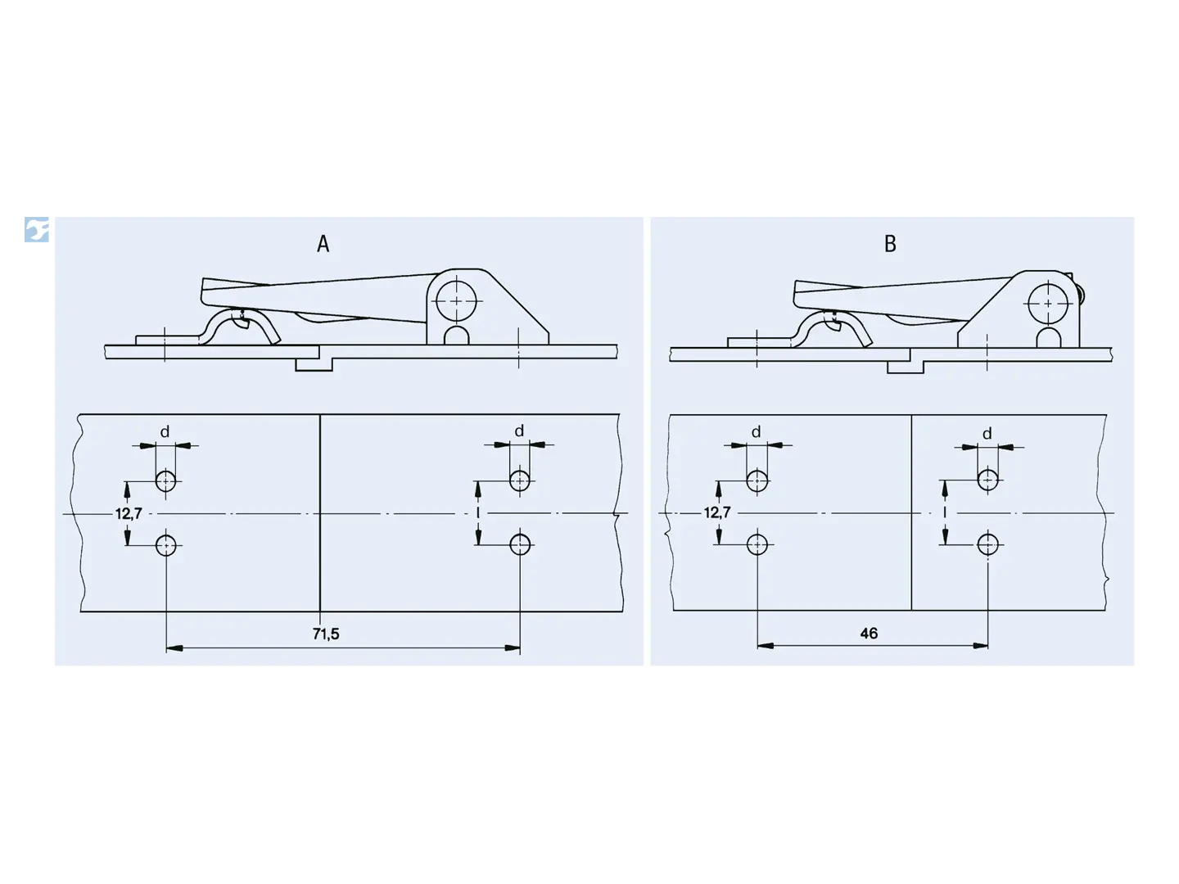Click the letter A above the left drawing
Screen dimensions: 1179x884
tap(323, 244)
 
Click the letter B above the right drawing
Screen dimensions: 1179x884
tap(890, 244)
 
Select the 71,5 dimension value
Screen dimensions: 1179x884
tap(326, 634)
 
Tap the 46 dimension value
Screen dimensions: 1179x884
tap(869, 634)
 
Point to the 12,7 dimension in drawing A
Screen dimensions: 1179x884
tap(129, 514)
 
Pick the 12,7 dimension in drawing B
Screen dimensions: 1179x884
tap(717, 512)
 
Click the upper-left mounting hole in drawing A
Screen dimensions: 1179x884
tap(165, 481)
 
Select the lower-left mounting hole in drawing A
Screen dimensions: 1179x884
tap(165, 545)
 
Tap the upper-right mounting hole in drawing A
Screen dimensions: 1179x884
tap(519, 480)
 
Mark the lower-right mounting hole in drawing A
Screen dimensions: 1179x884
tap(519, 545)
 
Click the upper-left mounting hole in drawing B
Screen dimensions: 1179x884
tap(757, 481)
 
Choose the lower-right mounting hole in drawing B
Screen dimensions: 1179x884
tap(987, 544)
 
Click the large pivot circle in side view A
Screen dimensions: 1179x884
tap(456, 300)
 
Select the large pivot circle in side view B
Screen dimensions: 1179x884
tap(1048, 303)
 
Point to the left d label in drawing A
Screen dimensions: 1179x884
tap(165, 431)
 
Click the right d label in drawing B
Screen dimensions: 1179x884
tap(987, 433)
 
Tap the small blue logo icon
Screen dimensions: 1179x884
tap(37, 230)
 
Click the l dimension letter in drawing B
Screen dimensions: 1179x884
tap(945, 512)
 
